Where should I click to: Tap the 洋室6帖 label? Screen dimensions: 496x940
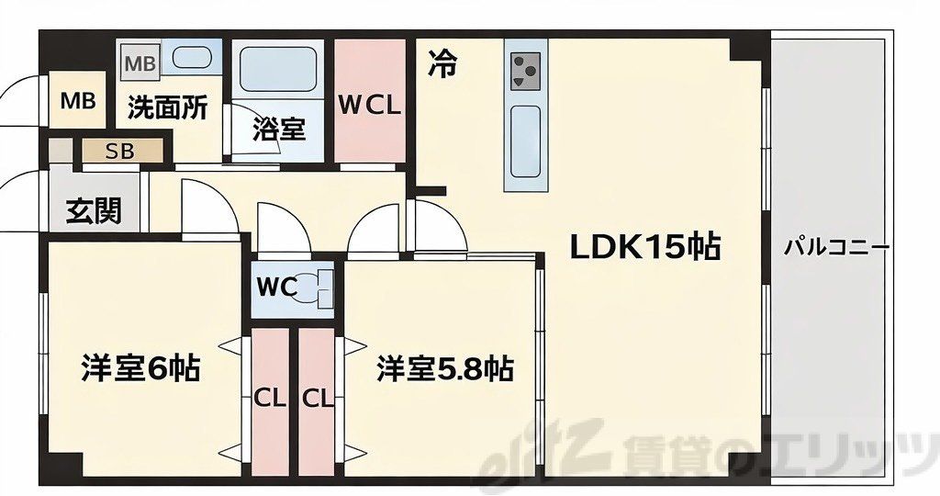140,369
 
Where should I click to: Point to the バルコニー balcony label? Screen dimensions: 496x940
836,247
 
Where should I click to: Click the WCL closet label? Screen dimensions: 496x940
370,105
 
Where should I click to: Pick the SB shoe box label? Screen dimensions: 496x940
120,151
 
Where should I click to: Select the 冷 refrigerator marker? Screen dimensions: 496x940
442,64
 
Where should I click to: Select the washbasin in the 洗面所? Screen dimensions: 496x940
193,59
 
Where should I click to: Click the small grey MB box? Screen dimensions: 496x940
140,63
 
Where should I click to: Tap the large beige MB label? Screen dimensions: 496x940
78,100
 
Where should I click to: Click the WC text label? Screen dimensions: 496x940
277,287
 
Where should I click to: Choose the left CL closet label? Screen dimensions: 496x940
269,399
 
